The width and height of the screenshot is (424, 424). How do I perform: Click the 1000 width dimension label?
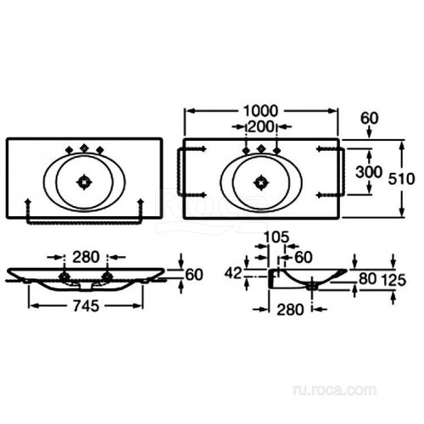261,111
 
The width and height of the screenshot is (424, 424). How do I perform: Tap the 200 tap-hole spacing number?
260,126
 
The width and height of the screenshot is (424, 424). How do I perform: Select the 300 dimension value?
369,171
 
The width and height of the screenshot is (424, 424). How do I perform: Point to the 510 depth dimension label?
401,179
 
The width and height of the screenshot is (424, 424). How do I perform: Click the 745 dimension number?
86,306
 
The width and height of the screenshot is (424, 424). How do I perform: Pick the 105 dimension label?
276,237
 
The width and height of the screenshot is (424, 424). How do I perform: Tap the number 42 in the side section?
233,273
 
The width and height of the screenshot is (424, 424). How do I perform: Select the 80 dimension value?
368,279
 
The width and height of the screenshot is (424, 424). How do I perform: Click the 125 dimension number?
393,280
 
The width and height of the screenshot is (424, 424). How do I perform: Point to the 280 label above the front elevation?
86,257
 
